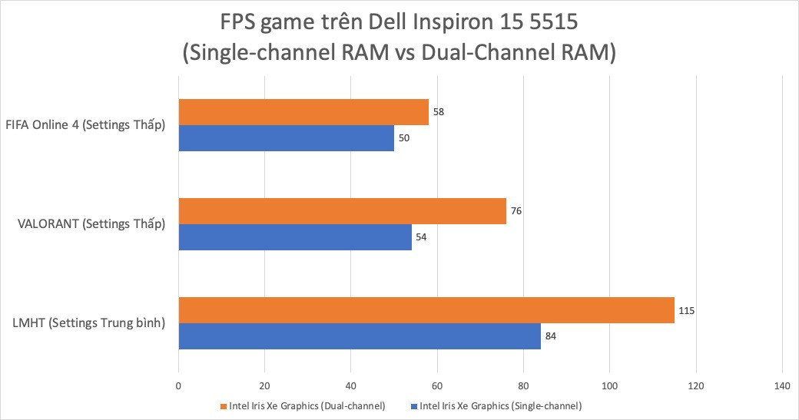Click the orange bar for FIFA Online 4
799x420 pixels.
(303, 112)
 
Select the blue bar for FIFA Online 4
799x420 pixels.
(286, 138)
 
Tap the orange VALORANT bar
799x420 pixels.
(342, 211)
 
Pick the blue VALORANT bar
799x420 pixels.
(295, 237)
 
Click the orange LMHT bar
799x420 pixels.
(426, 310)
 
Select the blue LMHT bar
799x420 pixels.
(360, 336)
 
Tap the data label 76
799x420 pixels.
(518, 211)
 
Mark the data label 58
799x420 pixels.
(439, 112)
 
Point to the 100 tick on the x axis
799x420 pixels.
(609, 386)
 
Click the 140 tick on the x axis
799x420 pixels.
(781, 386)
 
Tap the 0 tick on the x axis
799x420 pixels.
(179, 386)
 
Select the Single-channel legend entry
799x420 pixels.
(500, 405)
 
